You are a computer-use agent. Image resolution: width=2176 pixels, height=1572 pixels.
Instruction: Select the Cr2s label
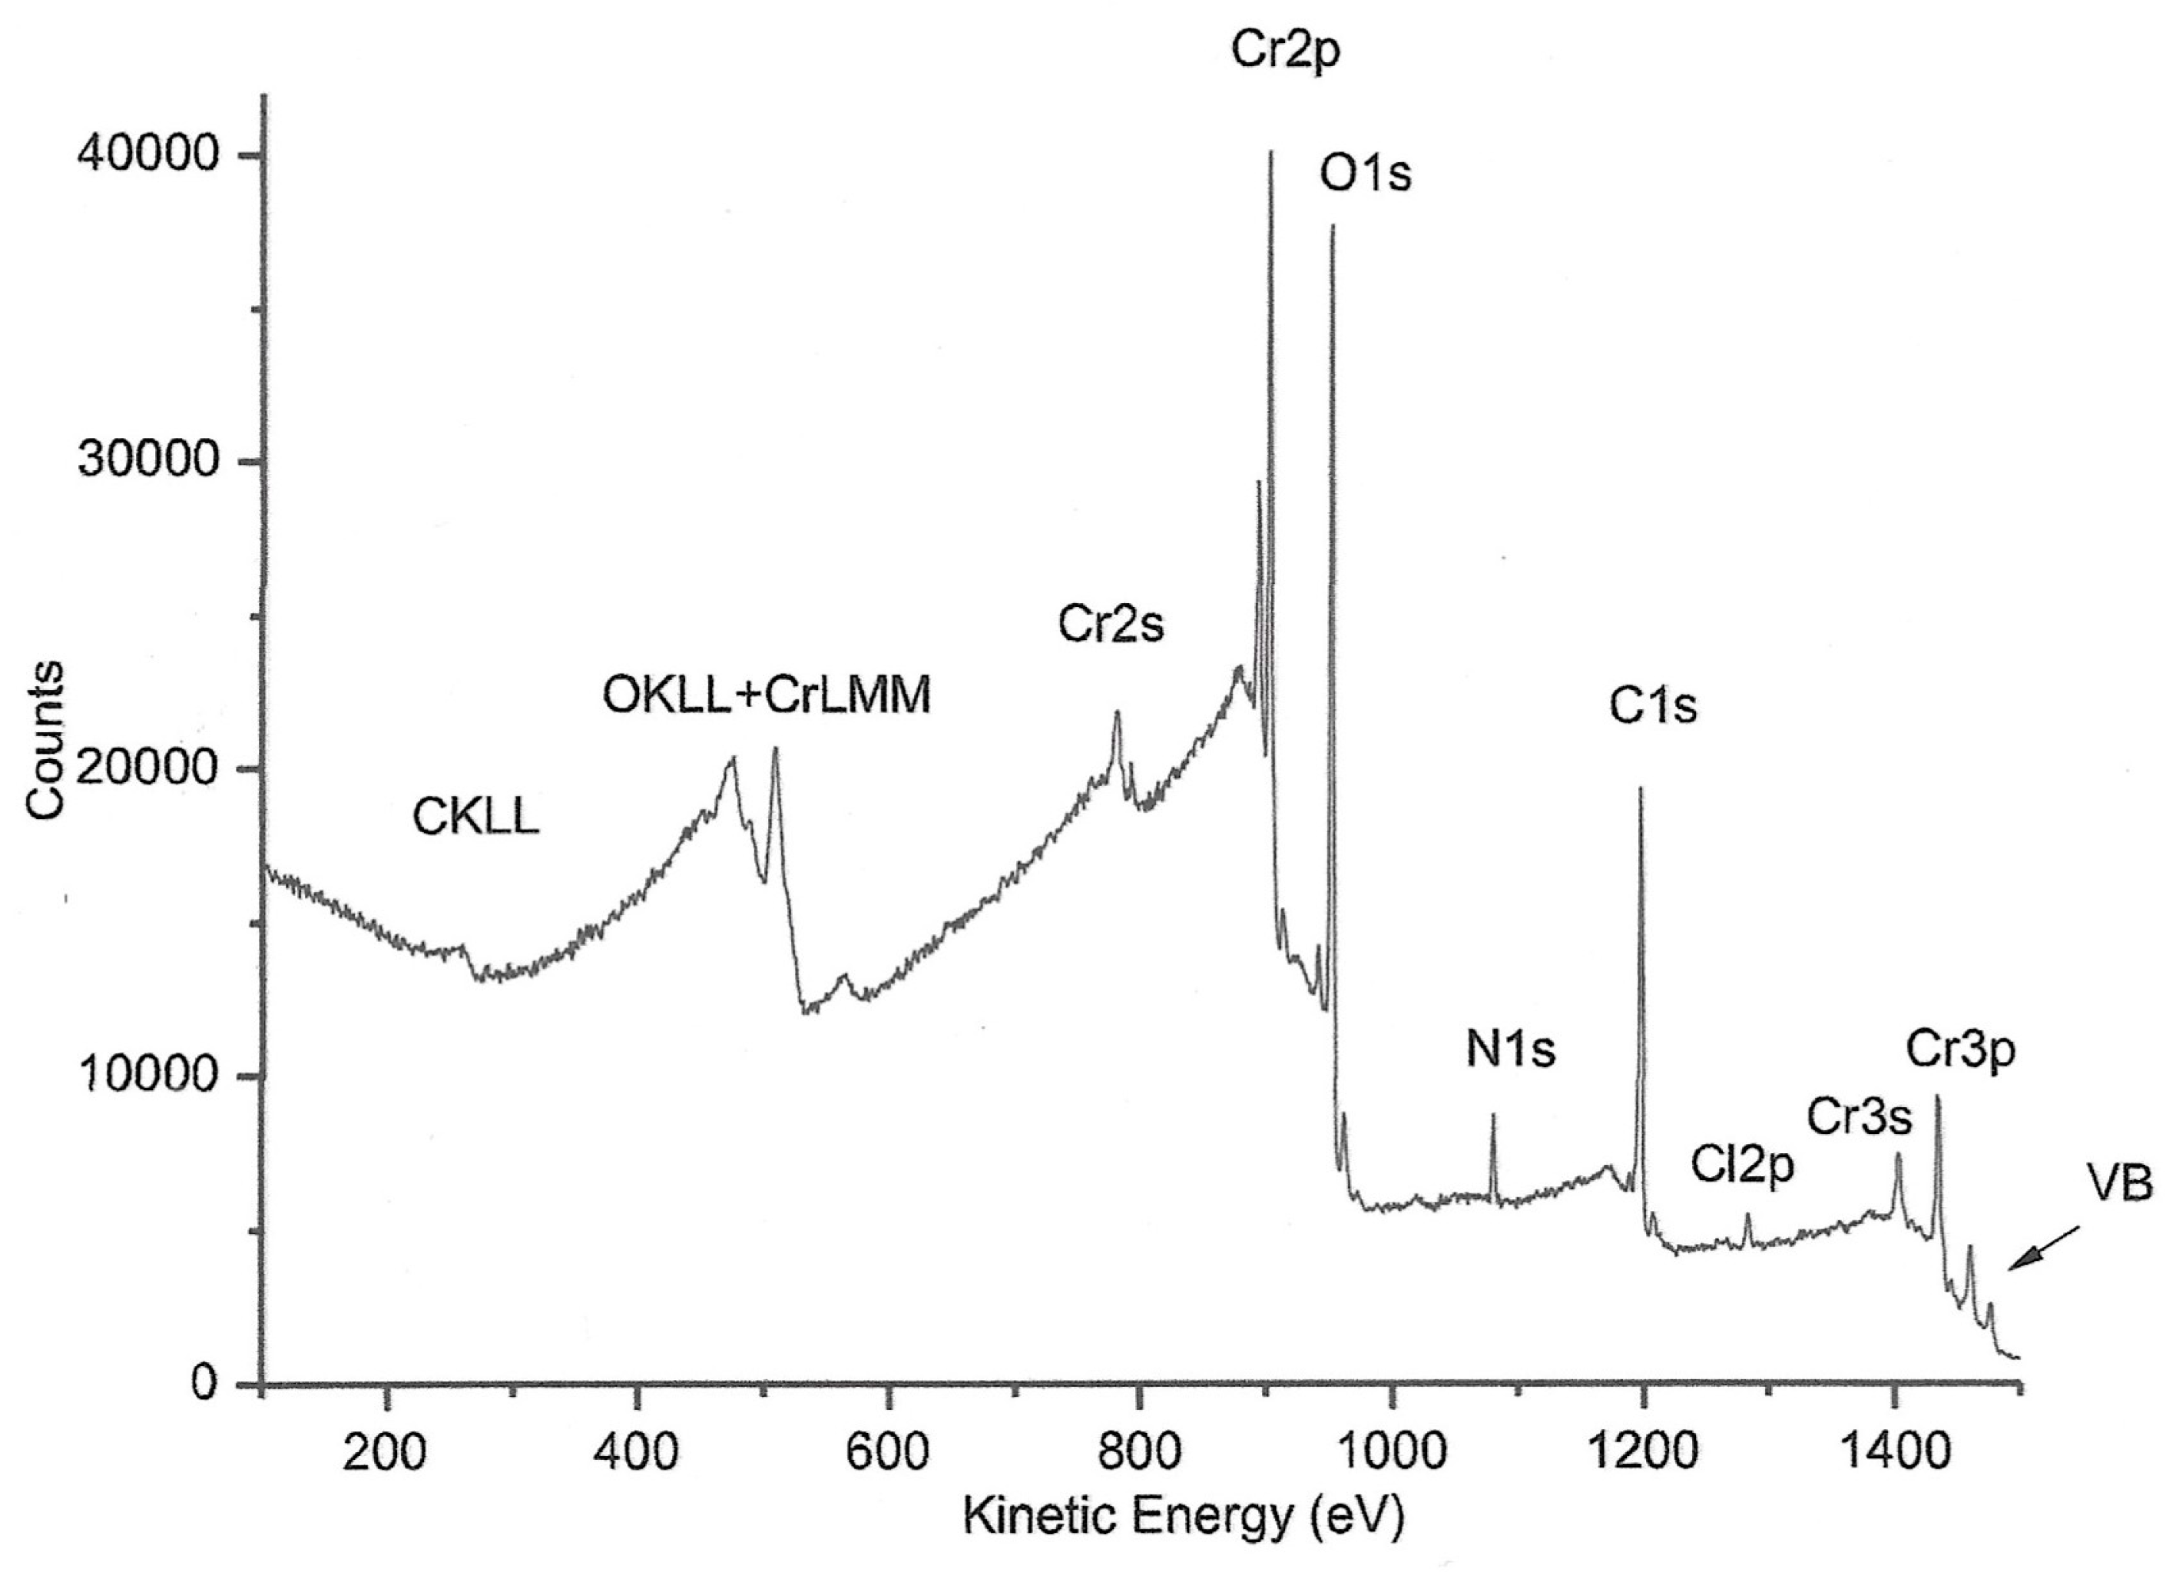point(1110,625)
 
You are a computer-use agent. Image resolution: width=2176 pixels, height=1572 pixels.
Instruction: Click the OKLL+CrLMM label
point(767,696)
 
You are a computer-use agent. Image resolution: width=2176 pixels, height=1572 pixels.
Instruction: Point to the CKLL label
point(476,818)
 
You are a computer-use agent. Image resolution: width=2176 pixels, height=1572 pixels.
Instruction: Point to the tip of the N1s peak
point(1493,1115)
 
